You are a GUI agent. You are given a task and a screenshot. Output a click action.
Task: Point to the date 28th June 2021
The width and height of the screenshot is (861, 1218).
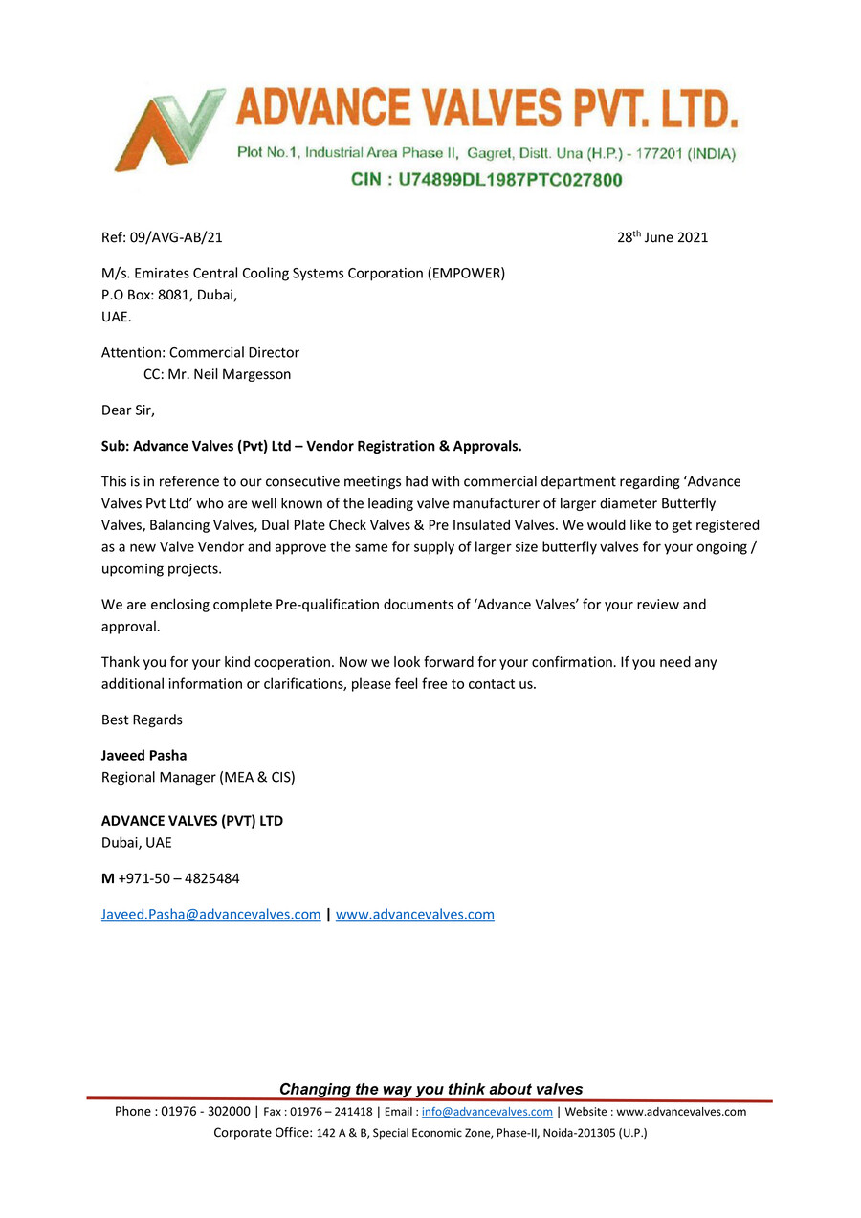tap(662, 237)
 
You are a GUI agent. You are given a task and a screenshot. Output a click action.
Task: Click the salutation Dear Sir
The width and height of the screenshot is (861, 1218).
tap(127, 410)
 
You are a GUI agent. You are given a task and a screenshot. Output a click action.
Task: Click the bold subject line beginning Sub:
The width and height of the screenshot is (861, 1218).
tap(311, 446)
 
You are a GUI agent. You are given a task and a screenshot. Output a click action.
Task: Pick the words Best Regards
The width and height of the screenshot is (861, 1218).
tap(142, 720)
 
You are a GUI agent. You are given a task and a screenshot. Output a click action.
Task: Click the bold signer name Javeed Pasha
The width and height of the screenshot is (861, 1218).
tap(143, 755)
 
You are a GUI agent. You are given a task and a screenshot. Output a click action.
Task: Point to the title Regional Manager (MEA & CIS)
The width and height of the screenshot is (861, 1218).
tap(198, 777)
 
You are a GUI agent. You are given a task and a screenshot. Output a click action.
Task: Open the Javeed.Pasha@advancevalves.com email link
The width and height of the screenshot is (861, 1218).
tap(210, 914)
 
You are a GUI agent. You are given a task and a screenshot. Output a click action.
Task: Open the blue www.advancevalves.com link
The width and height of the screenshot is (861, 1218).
tap(414, 914)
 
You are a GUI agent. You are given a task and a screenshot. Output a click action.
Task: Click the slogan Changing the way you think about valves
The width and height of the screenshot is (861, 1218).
tap(430, 1089)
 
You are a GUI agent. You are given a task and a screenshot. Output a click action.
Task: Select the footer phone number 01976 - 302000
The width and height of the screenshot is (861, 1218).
tap(206, 1112)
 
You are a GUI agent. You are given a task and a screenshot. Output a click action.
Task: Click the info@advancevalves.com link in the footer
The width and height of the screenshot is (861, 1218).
tap(487, 1112)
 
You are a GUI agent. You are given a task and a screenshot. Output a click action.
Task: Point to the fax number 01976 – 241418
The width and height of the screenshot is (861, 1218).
tap(331, 1112)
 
